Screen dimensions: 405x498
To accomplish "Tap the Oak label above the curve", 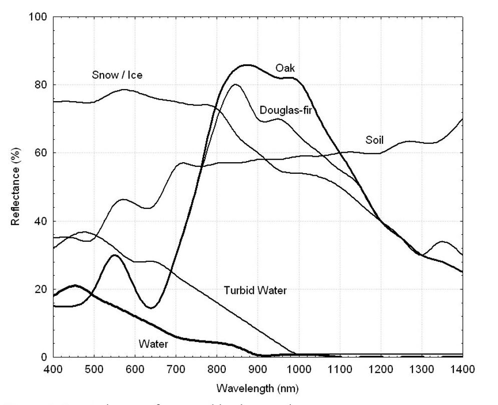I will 285,68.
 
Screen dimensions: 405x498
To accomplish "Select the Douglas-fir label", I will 286,110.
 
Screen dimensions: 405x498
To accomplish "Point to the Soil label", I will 374,140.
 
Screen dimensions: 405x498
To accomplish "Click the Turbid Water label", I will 255,290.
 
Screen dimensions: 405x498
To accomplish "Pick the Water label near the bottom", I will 153,344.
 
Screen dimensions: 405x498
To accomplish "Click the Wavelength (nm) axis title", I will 258,388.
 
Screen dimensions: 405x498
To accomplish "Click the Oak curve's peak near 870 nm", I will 246,65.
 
